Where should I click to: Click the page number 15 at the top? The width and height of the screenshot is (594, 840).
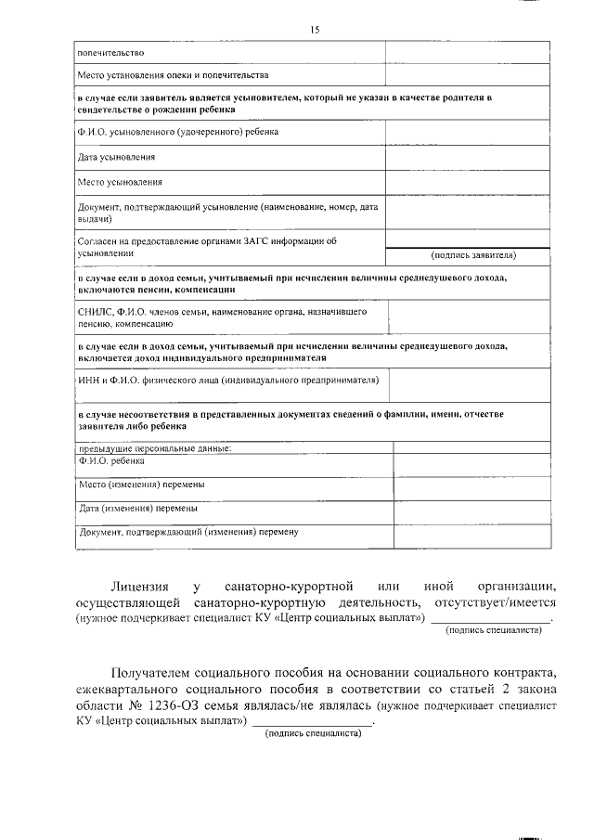pos(315,30)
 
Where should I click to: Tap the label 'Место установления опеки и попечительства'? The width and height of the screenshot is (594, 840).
pos(174,74)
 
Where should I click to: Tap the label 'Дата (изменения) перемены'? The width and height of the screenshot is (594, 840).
pos(138,509)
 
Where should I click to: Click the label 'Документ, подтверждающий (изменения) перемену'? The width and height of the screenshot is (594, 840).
pos(189,532)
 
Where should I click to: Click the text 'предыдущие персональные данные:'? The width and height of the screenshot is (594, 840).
pos(153,448)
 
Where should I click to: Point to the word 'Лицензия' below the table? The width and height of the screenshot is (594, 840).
pos(139,587)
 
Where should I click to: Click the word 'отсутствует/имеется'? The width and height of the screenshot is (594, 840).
pos(495,602)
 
